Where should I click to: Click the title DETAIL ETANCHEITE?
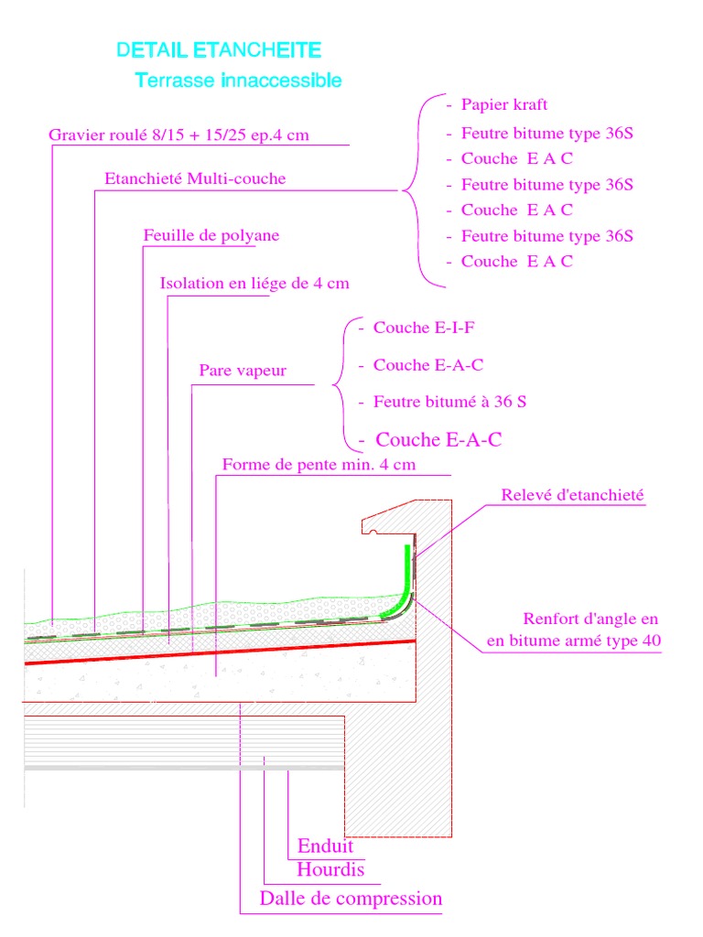(219, 50)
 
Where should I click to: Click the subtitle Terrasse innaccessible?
(238, 81)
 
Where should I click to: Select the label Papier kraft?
(503, 104)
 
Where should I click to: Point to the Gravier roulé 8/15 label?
(178, 135)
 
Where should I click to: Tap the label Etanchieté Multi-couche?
(195, 178)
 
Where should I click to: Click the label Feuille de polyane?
(211, 235)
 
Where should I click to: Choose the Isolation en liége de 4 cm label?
(254, 283)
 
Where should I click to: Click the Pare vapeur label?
(243, 371)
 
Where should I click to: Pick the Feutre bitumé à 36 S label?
(449, 401)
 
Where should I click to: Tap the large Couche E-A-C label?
(438, 440)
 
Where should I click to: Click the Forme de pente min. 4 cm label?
(319, 464)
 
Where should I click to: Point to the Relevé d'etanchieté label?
(573, 495)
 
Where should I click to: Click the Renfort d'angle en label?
(590, 619)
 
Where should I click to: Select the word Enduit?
(325, 845)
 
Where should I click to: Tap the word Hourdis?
(330, 869)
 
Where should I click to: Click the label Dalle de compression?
(351, 899)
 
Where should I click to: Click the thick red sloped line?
(220, 652)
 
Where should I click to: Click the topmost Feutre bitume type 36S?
(546, 133)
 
